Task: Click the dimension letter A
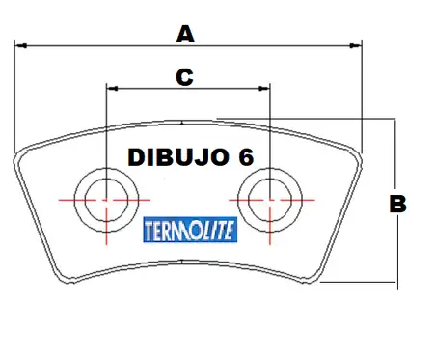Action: [x=185, y=35]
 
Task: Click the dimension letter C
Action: [x=184, y=77]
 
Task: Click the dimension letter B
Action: [x=398, y=204]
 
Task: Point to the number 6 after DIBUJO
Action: [x=246, y=157]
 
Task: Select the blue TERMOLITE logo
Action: [x=190, y=230]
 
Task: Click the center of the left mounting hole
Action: [x=106, y=200]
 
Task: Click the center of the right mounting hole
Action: [x=270, y=200]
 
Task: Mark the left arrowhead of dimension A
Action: [x=20, y=46]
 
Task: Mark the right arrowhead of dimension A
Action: [x=356, y=46]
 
